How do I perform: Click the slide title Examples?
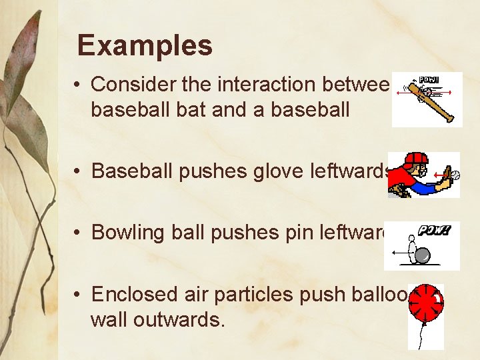tap(145, 46)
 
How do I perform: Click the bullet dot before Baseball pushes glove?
tap(78, 171)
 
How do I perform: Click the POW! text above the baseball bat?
tap(429, 79)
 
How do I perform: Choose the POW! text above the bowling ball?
tap(434, 230)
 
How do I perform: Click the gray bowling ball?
tap(422, 255)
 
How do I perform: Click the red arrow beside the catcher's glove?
tap(441, 176)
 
